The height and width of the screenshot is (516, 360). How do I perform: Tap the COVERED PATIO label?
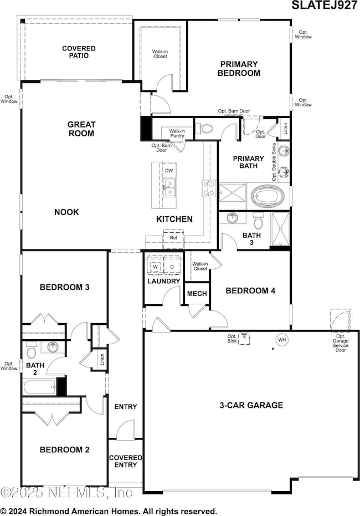click(x=78, y=53)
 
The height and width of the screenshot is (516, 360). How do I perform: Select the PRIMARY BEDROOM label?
click(x=239, y=68)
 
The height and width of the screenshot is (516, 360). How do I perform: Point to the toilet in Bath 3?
click(x=258, y=220)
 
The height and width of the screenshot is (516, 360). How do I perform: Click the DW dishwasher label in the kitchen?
click(x=169, y=171)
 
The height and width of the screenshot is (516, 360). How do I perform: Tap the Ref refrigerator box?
click(x=173, y=238)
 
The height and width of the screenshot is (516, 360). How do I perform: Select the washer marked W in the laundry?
click(x=156, y=267)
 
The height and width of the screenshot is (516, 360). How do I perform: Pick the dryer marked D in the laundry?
click(x=172, y=267)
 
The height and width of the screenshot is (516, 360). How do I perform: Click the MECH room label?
click(x=197, y=294)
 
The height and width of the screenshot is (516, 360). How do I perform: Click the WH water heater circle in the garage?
click(x=281, y=340)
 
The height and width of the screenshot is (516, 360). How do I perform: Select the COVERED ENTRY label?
click(x=126, y=461)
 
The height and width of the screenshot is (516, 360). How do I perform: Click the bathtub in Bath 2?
click(x=40, y=386)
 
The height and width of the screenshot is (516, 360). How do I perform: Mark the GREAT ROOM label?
click(x=81, y=129)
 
